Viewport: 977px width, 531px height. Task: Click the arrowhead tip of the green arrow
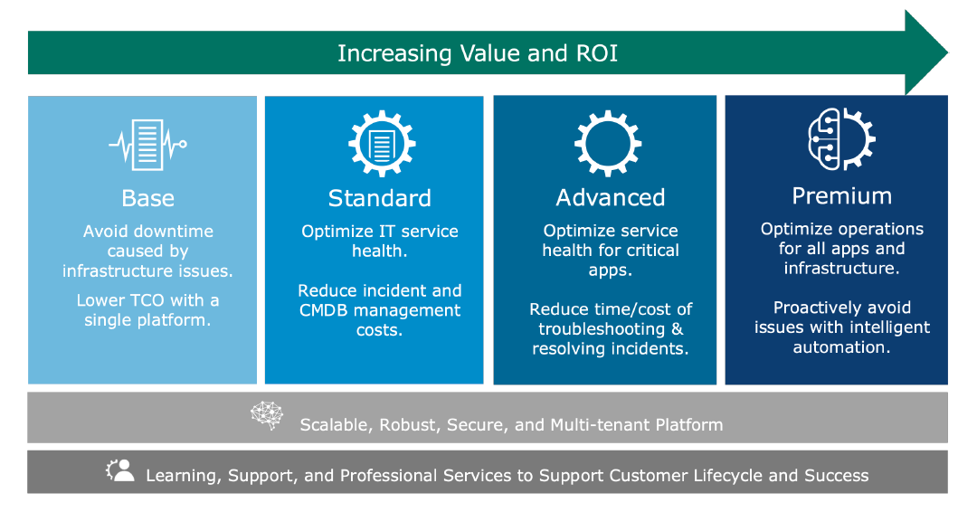pos(947,53)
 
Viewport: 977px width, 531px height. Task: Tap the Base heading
pos(148,198)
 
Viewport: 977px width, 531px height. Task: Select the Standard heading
pos(379,198)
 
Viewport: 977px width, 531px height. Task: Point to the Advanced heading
pos(611,197)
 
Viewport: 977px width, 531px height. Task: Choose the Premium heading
pos(842,196)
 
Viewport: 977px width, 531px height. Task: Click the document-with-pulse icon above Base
pos(147,146)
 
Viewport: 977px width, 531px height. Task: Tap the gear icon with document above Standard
pos(382,144)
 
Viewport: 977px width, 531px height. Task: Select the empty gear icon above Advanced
pos(608,144)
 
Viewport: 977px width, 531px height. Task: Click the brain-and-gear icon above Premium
pos(841,139)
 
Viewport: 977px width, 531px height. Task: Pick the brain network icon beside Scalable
pos(267,415)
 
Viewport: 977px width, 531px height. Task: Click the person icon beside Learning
pos(120,470)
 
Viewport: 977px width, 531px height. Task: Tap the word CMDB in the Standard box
pos(321,310)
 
